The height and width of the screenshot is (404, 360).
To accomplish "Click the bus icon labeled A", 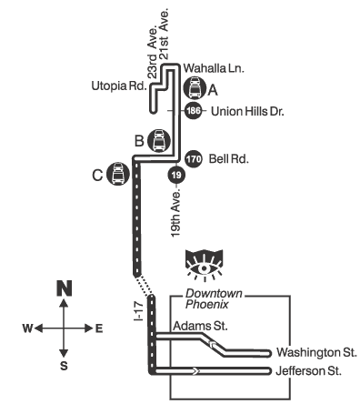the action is click(195, 88).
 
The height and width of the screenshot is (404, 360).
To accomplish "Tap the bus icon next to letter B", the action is click(159, 141).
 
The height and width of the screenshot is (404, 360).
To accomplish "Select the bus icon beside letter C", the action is click(118, 174).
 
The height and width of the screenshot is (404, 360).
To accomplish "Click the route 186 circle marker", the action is click(194, 111).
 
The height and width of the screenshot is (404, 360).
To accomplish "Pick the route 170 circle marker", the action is click(194, 158).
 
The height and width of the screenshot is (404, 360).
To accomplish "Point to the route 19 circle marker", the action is click(176, 175).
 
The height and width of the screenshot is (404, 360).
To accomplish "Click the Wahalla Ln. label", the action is click(214, 68).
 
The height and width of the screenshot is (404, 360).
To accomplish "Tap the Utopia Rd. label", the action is click(119, 86).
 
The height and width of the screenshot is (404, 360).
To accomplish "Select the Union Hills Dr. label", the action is click(247, 112).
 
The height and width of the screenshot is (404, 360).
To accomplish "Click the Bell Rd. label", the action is click(229, 159).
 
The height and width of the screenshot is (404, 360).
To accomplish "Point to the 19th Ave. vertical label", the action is click(175, 213).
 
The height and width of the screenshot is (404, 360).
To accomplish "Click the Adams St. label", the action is click(200, 326).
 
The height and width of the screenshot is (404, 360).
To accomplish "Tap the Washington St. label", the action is click(316, 352).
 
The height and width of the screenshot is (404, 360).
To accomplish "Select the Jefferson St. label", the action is click(308, 371).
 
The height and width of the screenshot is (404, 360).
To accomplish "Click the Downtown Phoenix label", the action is click(214, 298).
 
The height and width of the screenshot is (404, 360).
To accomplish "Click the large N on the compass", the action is click(65, 288).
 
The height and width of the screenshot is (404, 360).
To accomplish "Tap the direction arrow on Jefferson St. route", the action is click(195, 370).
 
